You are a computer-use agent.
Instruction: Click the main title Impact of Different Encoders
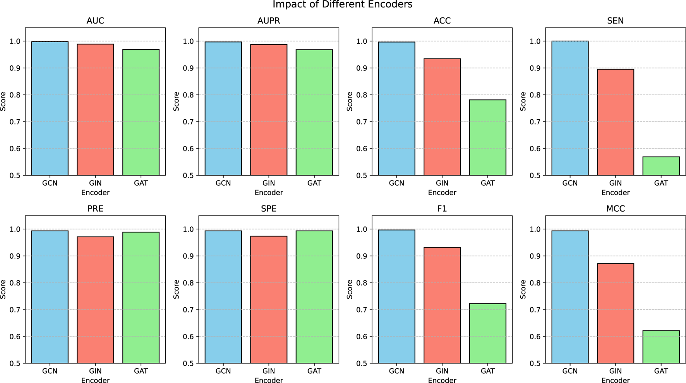point(343,5)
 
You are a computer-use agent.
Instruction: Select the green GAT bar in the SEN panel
point(661,166)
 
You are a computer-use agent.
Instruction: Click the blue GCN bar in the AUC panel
point(50,108)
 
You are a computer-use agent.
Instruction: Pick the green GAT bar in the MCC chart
point(661,347)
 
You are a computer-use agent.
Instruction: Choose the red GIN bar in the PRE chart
point(95,300)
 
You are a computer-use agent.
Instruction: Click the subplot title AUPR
point(269,21)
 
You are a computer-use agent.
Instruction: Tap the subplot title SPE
point(269,209)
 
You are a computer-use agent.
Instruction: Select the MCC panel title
point(616,209)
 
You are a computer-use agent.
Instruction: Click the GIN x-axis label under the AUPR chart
point(269,183)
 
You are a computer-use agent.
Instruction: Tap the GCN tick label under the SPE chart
point(223,371)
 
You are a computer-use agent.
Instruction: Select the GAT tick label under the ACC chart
point(487,183)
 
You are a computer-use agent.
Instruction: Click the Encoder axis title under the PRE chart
point(95,381)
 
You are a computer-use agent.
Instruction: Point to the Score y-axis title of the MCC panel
point(523,289)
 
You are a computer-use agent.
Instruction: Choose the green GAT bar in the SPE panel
point(314,297)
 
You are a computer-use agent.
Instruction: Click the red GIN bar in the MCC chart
point(616,313)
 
